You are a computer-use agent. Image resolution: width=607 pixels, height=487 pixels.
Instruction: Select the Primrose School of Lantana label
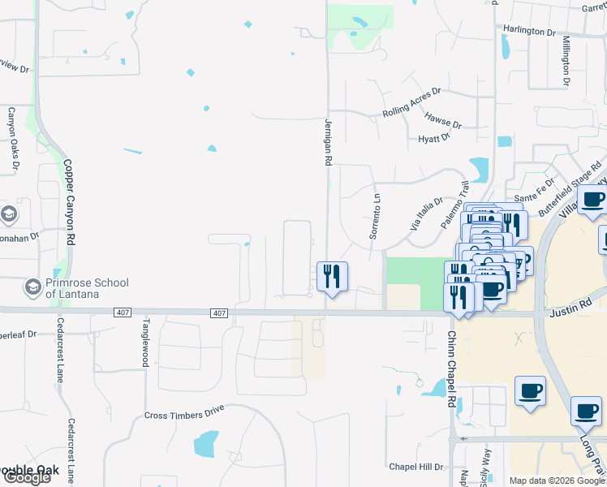click(x=87, y=288)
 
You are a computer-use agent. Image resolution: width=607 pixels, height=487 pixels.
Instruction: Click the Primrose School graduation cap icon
click(x=32, y=287)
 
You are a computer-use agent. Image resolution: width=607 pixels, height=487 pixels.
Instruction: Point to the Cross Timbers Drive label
click(x=184, y=415)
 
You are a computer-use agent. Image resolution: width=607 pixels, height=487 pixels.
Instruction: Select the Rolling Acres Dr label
click(x=411, y=103)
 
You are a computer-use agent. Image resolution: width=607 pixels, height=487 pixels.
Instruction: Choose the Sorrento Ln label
click(x=376, y=215)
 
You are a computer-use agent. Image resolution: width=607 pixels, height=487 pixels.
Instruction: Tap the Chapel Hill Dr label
click(x=415, y=467)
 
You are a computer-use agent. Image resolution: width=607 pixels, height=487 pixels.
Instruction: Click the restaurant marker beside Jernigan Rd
click(x=332, y=277)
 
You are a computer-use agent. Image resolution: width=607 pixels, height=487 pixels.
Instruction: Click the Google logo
click(x=26, y=477)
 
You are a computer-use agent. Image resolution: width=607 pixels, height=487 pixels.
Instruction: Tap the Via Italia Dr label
click(x=427, y=215)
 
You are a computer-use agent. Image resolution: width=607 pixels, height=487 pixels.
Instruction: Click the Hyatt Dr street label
click(x=434, y=139)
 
